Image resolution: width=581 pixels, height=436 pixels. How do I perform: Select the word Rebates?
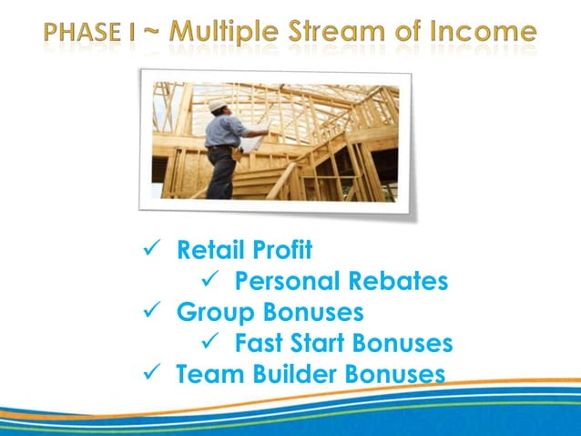tap(397, 281)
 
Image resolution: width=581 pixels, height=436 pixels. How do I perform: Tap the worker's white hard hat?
tap(217, 106)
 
